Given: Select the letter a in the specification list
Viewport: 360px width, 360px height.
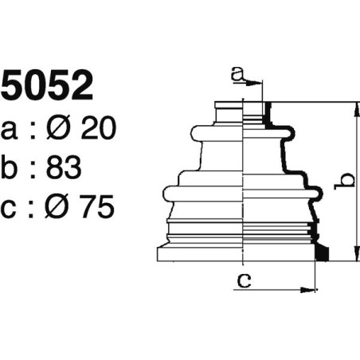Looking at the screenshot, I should (10, 129).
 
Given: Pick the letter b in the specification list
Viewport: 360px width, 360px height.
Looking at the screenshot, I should (11, 167).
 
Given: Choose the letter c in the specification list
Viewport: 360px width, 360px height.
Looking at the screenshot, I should (10, 209).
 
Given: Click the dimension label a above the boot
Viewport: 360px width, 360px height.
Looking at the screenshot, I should (236, 74).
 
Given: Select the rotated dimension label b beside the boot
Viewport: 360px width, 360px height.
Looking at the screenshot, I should (344, 182).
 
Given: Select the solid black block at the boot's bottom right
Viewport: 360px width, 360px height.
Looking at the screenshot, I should (323, 253).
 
